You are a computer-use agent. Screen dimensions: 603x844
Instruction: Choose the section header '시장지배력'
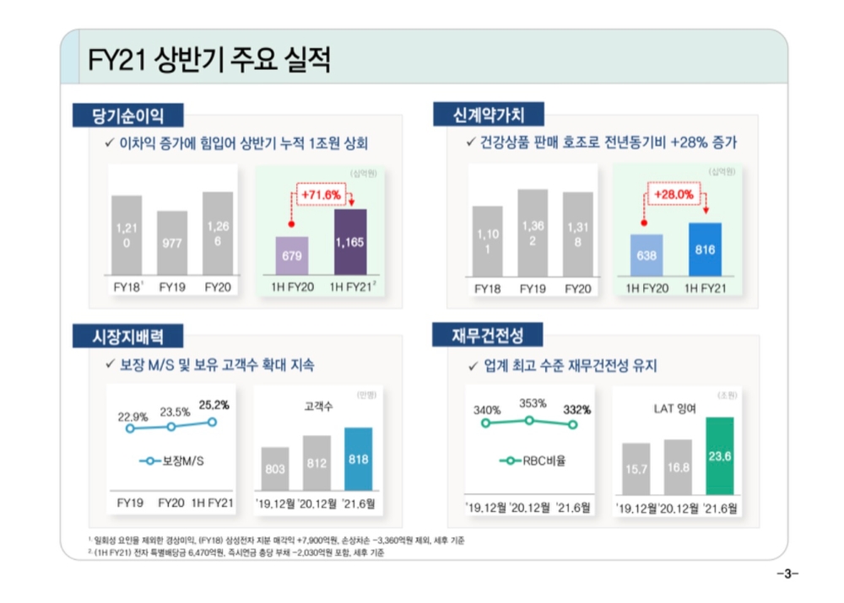(127, 336)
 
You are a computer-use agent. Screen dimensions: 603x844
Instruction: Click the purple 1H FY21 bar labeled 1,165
(349, 243)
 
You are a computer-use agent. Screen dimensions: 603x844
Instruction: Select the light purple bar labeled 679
(292, 256)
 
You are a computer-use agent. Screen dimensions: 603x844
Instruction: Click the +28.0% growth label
(674, 195)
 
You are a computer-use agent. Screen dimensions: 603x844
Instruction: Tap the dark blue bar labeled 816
(705, 250)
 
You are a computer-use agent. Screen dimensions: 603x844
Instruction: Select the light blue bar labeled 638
(647, 256)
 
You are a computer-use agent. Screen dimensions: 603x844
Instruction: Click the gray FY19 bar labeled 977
(172, 243)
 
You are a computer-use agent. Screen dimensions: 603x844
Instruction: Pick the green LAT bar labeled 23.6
(719, 455)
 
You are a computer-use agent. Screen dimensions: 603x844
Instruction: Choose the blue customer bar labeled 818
(358, 460)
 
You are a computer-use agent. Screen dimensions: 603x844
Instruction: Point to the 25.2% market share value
(214, 405)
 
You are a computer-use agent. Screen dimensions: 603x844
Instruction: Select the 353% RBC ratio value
(532, 403)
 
